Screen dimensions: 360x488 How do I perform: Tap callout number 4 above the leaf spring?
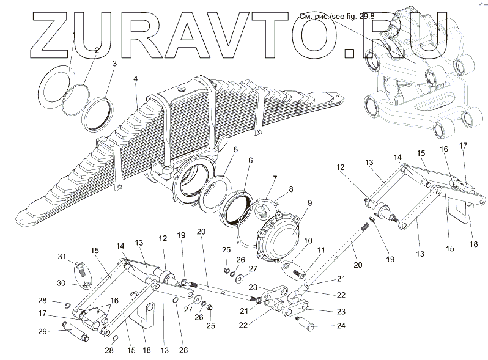point(136,78)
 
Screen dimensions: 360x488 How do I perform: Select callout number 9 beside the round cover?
point(310,203)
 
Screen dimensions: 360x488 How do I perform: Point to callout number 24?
point(341,326)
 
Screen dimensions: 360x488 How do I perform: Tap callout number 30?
point(62,282)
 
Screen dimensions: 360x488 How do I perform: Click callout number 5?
point(235,148)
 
